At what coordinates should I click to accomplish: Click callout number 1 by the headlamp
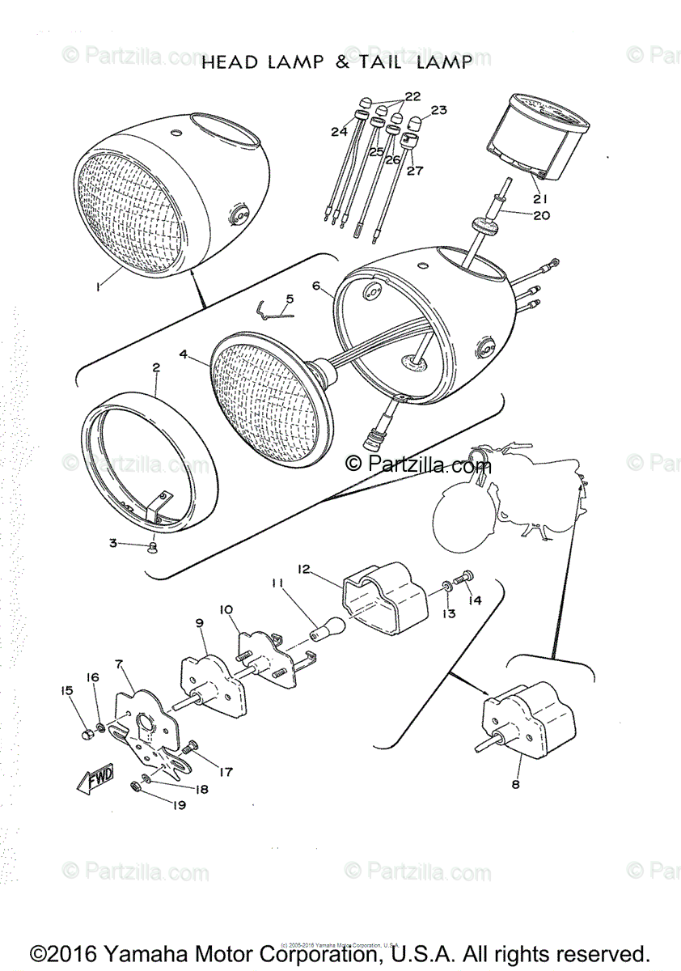coord(98,286)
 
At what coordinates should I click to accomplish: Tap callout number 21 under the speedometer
coord(539,198)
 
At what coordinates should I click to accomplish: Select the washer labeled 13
coord(447,585)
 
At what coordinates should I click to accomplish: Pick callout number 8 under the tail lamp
coord(515,783)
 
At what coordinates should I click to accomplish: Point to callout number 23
coord(439,110)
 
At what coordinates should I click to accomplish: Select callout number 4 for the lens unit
coord(184,354)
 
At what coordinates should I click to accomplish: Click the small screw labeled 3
coord(152,549)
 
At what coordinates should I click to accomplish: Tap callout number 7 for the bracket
coord(119,665)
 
